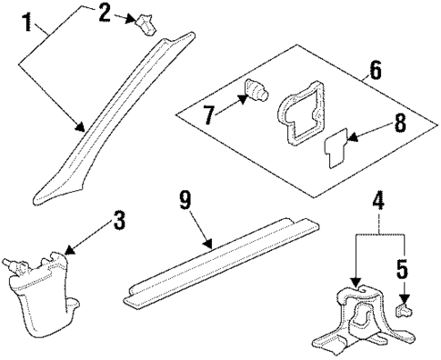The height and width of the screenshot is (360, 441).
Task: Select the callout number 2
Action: (x=105, y=13)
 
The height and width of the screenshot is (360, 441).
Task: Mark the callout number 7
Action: (x=208, y=115)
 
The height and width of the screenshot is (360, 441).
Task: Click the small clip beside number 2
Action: (x=147, y=24)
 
